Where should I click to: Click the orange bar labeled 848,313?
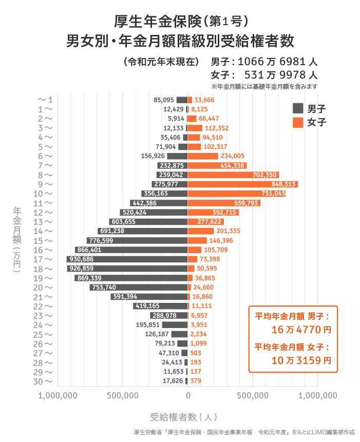(x=243, y=184)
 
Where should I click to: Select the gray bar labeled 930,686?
(x=127, y=259)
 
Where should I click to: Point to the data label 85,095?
(x=164, y=100)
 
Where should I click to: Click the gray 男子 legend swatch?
(x=298, y=108)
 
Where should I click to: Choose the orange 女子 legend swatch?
(x=298, y=122)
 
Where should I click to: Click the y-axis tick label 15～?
(x=45, y=241)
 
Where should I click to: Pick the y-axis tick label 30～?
(x=45, y=381)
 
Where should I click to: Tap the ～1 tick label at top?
(x=45, y=100)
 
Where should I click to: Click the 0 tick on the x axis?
(x=188, y=395)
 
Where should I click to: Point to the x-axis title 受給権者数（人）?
(x=184, y=416)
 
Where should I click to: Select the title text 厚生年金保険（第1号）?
(x=183, y=21)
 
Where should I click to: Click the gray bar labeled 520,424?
(x=154, y=213)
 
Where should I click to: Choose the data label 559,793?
(x=245, y=203)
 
